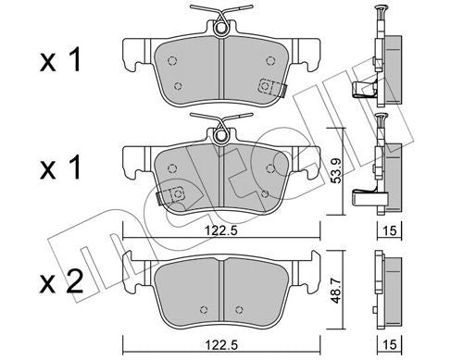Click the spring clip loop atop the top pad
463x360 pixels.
221,29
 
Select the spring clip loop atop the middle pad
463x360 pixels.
221,134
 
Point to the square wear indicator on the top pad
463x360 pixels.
269,88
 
